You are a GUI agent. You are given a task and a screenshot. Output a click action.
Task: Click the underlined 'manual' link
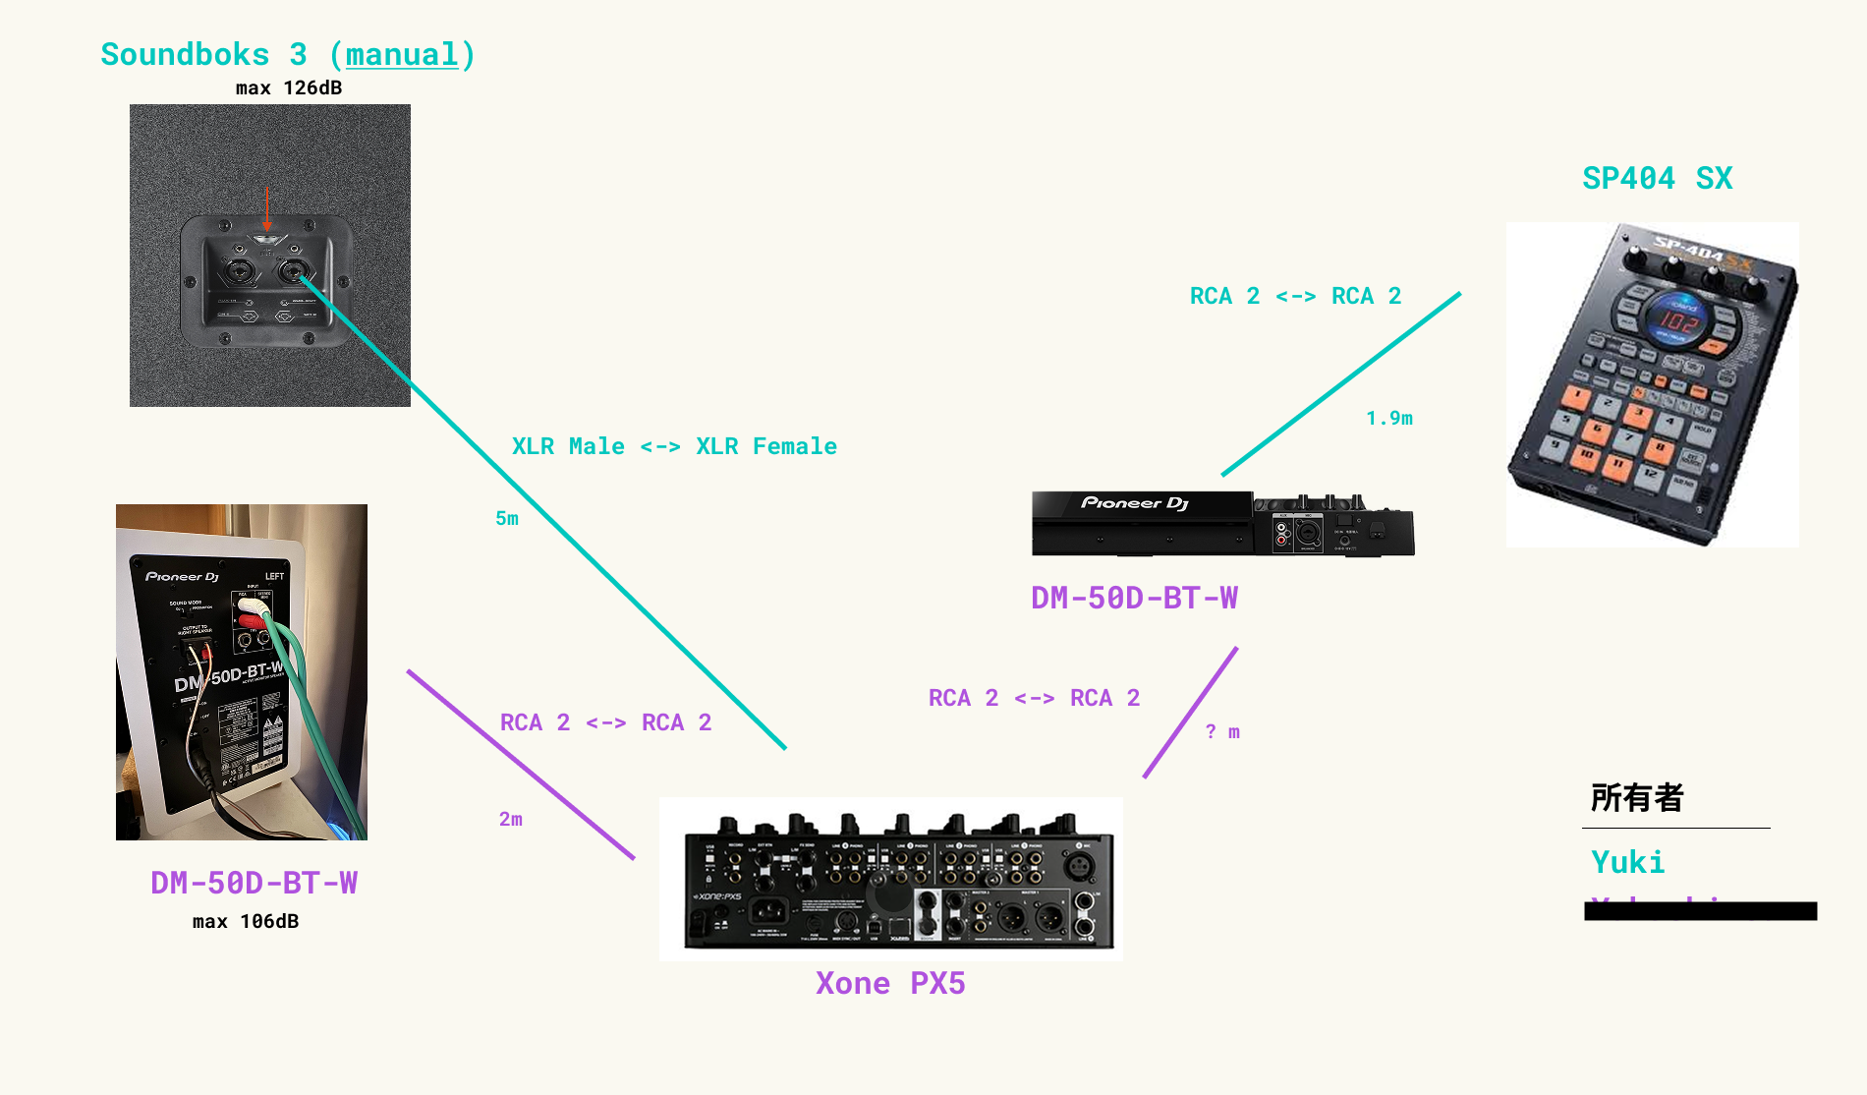pos(402,55)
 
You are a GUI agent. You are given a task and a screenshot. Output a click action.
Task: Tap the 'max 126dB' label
pos(289,88)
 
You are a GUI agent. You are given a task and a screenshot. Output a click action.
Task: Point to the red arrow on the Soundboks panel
pos(266,208)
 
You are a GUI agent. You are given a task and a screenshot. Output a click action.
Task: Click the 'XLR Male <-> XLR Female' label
pos(674,447)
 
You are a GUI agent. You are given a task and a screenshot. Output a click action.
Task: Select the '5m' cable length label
pos(507,518)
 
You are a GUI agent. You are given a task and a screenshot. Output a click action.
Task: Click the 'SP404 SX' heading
pos(1657,179)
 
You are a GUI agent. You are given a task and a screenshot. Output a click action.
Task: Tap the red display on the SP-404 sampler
pos(1678,319)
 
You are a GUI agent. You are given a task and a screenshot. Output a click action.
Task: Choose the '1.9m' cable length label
pos(1389,419)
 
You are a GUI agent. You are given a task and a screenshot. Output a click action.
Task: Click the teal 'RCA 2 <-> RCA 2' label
pos(1295,297)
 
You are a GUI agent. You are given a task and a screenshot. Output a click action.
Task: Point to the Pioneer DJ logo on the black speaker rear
pos(1135,503)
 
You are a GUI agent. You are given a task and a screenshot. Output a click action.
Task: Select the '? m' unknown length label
pos(1222,732)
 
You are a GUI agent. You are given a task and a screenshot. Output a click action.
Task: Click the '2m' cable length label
pos(511,819)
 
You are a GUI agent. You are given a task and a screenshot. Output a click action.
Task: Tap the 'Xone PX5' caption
pos(890,984)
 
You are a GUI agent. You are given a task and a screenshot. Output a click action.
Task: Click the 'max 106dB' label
pos(246,922)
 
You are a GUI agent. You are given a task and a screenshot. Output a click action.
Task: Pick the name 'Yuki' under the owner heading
pos(1627,863)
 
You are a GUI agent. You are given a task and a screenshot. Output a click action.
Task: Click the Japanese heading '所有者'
pos(1637,798)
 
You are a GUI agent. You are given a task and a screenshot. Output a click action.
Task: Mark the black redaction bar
pos(1700,911)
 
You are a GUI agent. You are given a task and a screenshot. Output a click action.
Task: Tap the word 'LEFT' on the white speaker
pos(274,576)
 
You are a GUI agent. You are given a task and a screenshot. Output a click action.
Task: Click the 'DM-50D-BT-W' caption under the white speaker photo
pos(254,883)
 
